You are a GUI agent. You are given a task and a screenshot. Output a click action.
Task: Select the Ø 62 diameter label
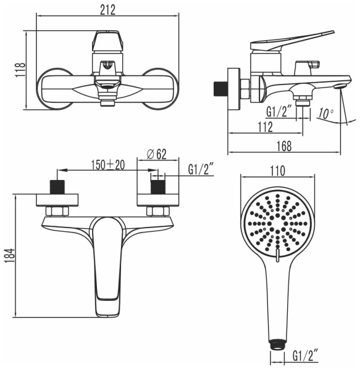tap(157, 155)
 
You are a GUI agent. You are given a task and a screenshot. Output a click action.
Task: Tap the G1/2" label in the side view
tap(278, 112)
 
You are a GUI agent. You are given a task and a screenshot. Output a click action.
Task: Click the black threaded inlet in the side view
tap(219, 87)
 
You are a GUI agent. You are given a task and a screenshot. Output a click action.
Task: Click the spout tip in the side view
tap(338, 86)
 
